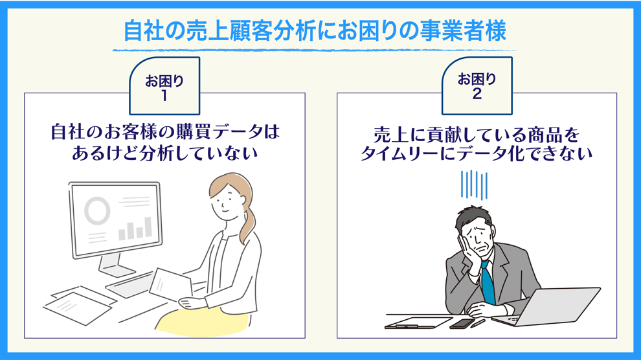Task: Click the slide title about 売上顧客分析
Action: (x=315, y=31)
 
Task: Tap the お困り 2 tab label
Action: (x=477, y=86)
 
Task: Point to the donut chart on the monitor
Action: (x=97, y=210)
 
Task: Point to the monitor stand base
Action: (x=117, y=269)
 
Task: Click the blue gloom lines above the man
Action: (x=474, y=185)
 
